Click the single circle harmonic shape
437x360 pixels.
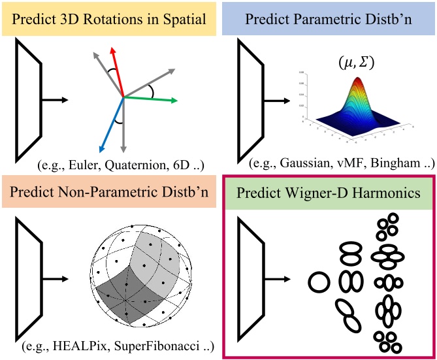point(319,283)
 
